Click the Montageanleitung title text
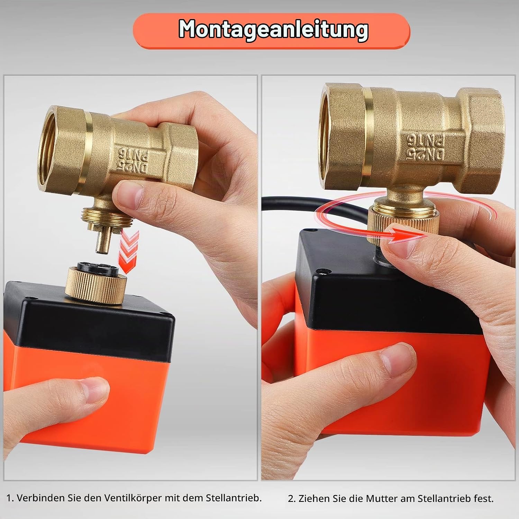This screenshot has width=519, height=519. pyautogui.click(x=273, y=30)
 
